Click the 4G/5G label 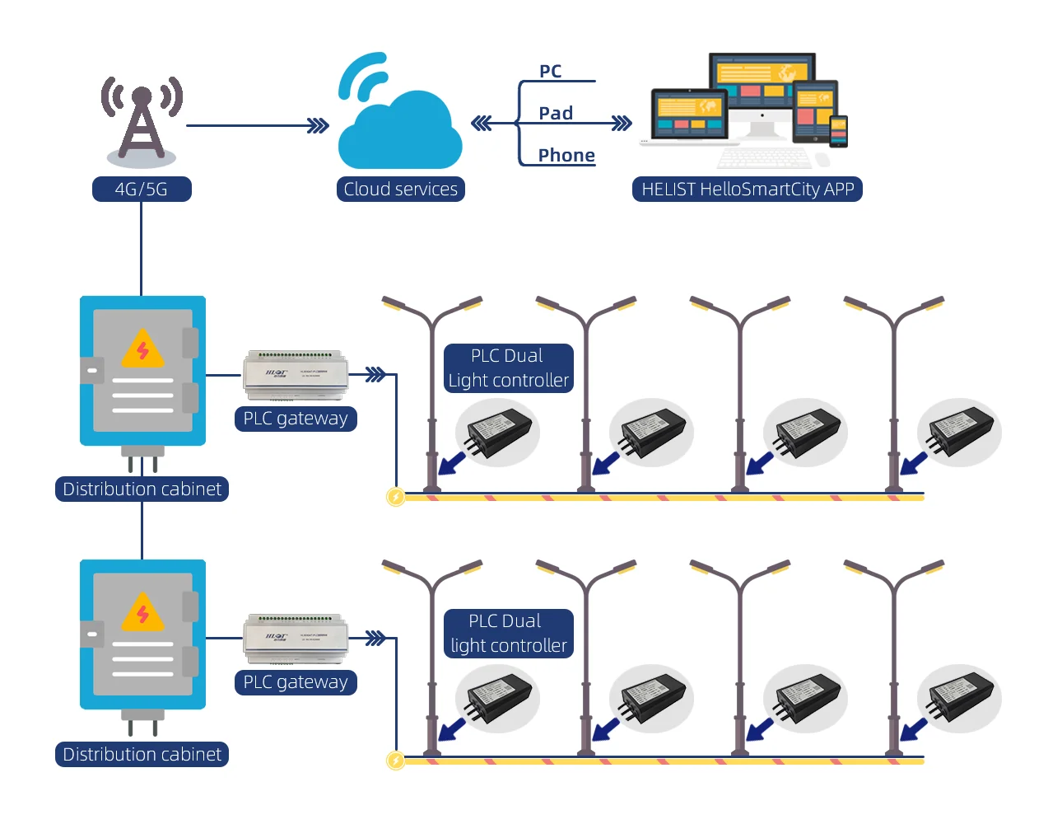tap(142, 190)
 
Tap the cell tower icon tap(142, 120)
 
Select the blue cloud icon tap(400, 124)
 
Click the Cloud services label tap(401, 190)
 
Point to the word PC tap(551, 72)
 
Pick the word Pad tap(556, 114)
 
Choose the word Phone tap(566, 156)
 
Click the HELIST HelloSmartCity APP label tap(748, 190)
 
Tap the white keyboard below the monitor tap(765, 157)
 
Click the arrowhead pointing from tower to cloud tap(318, 126)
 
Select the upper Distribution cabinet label tap(142, 489)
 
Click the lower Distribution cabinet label tap(142, 755)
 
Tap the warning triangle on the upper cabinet tap(142, 350)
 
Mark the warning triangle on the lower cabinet tap(142, 614)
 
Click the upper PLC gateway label tap(296, 419)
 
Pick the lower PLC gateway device tap(296, 639)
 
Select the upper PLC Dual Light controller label tap(508, 368)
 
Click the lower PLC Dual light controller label tap(508, 634)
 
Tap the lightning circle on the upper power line tap(396, 497)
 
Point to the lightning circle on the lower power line tap(396, 761)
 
